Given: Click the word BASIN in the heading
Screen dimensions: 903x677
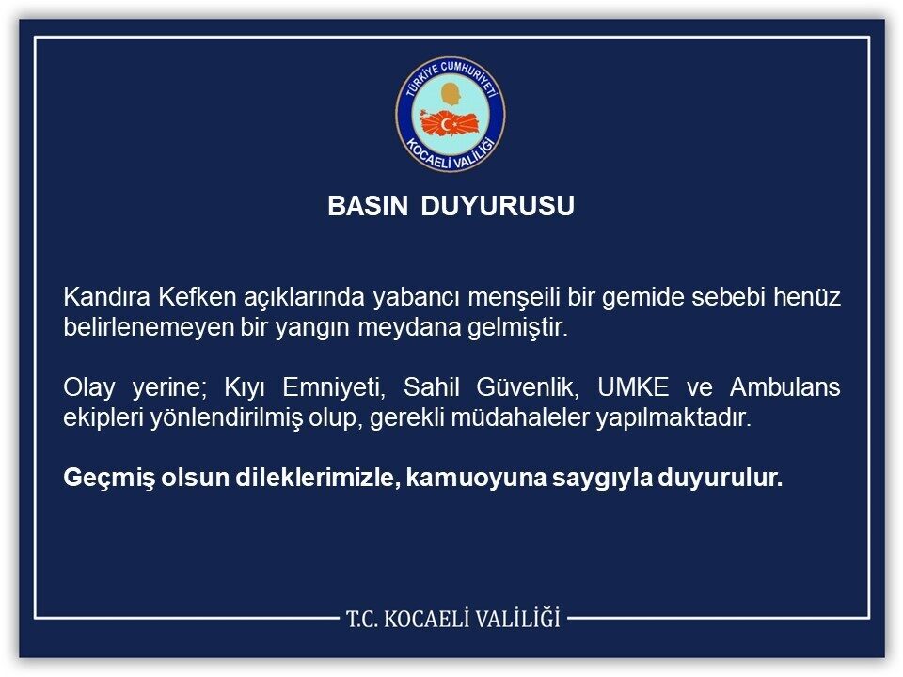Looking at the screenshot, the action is (368, 206).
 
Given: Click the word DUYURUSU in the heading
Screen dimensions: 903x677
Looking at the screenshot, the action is (498, 206).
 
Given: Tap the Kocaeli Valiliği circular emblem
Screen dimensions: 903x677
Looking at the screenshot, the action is (451, 114).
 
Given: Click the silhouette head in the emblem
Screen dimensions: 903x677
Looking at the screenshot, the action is (451, 95).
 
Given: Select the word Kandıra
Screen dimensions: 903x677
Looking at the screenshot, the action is (107, 297).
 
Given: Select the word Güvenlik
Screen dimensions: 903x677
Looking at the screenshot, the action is (527, 387).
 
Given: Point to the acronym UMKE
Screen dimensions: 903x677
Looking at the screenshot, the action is (633, 386).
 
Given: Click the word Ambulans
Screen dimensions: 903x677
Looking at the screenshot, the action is (784, 386).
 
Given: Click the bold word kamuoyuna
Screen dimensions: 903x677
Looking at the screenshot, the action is (476, 479).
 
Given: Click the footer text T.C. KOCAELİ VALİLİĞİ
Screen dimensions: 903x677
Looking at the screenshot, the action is (453, 619).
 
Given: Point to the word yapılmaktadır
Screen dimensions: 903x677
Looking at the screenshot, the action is (673, 417).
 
